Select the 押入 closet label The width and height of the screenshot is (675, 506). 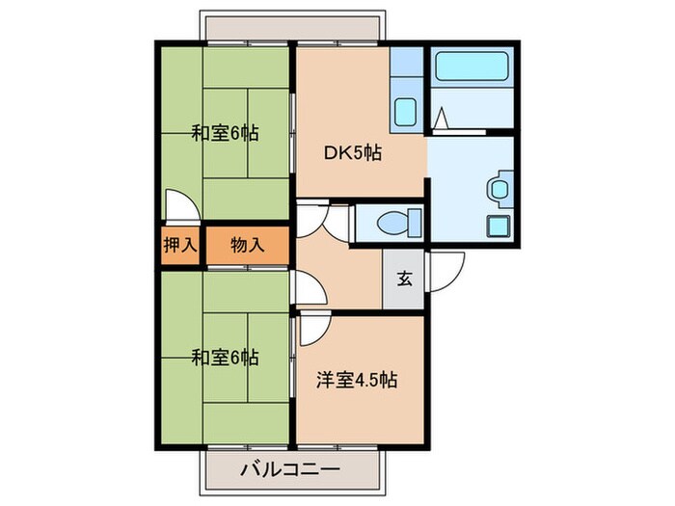(x=179, y=245)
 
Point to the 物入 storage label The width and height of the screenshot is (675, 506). (x=247, y=245)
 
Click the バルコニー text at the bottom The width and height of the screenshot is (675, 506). (x=288, y=470)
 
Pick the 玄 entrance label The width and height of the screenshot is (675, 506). (x=404, y=280)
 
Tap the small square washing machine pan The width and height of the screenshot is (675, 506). (x=499, y=228)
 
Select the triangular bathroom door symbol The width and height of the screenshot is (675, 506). (x=440, y=120)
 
